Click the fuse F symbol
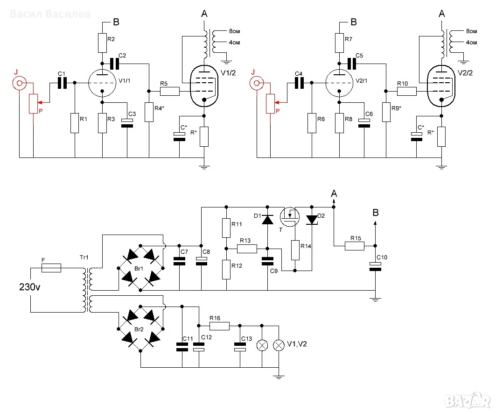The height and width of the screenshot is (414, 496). (51, 268)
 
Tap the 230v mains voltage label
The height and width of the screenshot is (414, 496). (30, 287)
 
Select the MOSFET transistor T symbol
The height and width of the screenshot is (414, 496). (290, 217)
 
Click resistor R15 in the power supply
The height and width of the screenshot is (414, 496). (354, 246)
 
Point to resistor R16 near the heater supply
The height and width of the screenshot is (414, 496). (219, 326)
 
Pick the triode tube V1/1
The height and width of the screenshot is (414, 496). (102, 83)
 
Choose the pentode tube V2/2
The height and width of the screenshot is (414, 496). (441, 86)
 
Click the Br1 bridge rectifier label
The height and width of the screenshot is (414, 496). (139, 269)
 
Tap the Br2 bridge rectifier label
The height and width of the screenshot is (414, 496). (139, 329)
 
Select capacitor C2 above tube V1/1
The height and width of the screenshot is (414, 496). (114, 64)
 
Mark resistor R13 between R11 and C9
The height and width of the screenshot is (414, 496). (247, 249)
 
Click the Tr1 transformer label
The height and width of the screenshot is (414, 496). (84, 257)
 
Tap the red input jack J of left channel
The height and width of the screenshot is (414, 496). (19, 83)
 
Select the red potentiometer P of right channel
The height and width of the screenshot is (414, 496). (270, 104)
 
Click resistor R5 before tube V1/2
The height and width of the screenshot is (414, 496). (170, 91)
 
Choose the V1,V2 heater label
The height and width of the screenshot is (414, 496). (297, 344)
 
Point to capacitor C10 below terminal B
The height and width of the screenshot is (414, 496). (375, 267)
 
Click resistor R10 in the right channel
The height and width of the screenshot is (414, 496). (407, 91)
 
